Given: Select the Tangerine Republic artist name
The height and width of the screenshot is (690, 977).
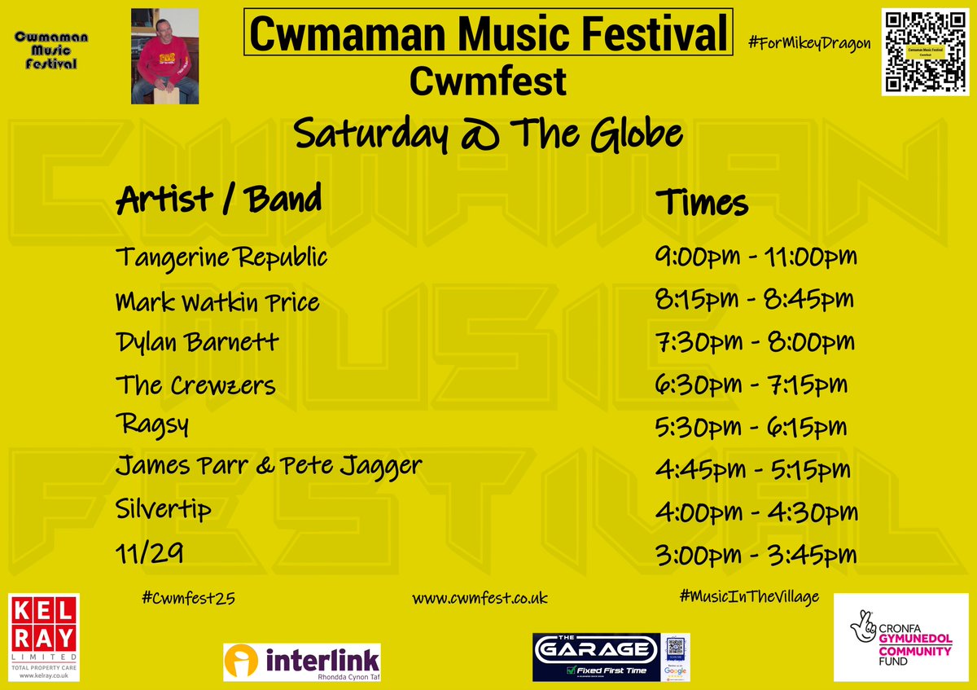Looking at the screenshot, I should click(x=221, y=257).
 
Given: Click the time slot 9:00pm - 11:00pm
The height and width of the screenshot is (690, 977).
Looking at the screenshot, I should click(x=756, y=257).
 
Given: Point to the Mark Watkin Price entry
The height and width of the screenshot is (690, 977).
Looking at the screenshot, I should click(x=217, y=302).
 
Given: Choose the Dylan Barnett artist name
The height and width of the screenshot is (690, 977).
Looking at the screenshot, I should click(x=197, y=341).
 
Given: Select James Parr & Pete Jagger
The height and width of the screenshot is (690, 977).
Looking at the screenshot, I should click(x=269, y=467).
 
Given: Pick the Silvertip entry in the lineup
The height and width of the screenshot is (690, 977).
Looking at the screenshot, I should click(x=164, y=510).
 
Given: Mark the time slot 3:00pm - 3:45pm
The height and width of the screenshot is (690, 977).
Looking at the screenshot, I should click(x=756, y=555).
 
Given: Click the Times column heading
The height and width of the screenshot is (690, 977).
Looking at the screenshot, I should click(x=702, y=202).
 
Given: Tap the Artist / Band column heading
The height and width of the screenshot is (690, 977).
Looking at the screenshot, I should click(x=219, y=199).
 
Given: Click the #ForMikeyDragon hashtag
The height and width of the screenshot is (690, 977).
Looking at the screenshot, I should click(x=809, y=43).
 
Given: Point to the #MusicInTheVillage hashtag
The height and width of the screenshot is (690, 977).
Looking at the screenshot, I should click(x=749, y=597).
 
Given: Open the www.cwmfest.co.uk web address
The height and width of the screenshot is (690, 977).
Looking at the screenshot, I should click(x=480, y=598).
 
